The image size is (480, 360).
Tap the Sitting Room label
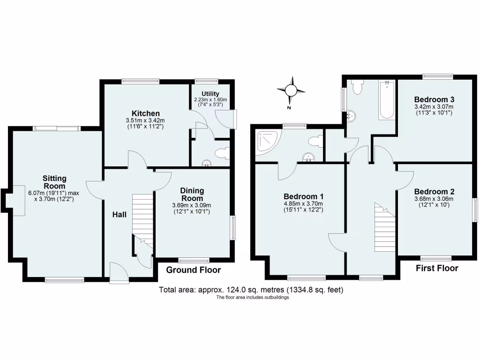(54, 182)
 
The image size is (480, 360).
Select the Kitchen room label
(146, 113)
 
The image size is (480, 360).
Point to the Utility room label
(210, 94)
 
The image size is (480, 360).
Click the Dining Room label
(192, 194)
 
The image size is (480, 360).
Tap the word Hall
(120, 215)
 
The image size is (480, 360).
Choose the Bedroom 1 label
(303, 196)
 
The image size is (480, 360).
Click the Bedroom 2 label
(435, 192)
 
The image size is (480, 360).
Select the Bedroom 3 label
(435, 99)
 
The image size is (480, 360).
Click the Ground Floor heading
(194, 270)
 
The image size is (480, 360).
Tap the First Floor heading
(437, 268)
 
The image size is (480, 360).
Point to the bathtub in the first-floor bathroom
(387, 100)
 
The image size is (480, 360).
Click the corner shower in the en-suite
(267, 142)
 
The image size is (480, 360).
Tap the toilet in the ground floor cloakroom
(221, 153)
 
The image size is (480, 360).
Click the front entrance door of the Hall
(119, 273)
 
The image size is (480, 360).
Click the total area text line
(251, 290)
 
